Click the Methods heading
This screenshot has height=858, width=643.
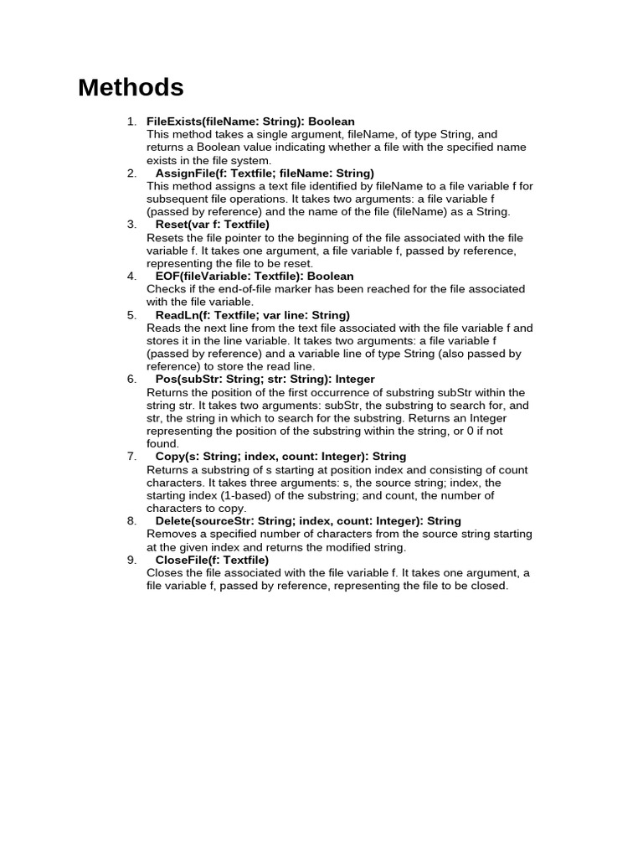tap(131, 87)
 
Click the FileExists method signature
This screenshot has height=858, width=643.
tap(250, 121)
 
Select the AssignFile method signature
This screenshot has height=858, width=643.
tap(265, 173)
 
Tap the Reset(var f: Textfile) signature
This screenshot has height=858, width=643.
tap(213, 225)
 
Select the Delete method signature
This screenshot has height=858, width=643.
tap(308, 521)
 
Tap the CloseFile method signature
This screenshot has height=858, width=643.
tap(212, 560)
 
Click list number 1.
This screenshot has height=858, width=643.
tap(131, 121)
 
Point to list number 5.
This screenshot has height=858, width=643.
tap(131, 315)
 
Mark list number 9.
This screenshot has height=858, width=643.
tap(131, 560)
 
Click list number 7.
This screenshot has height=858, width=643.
tap(131, 457)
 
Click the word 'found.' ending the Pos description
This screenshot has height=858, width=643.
tap(162, 444)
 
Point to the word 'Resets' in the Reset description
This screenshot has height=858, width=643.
tap(164, 238)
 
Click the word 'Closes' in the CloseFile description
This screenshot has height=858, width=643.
tap(164, 573)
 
